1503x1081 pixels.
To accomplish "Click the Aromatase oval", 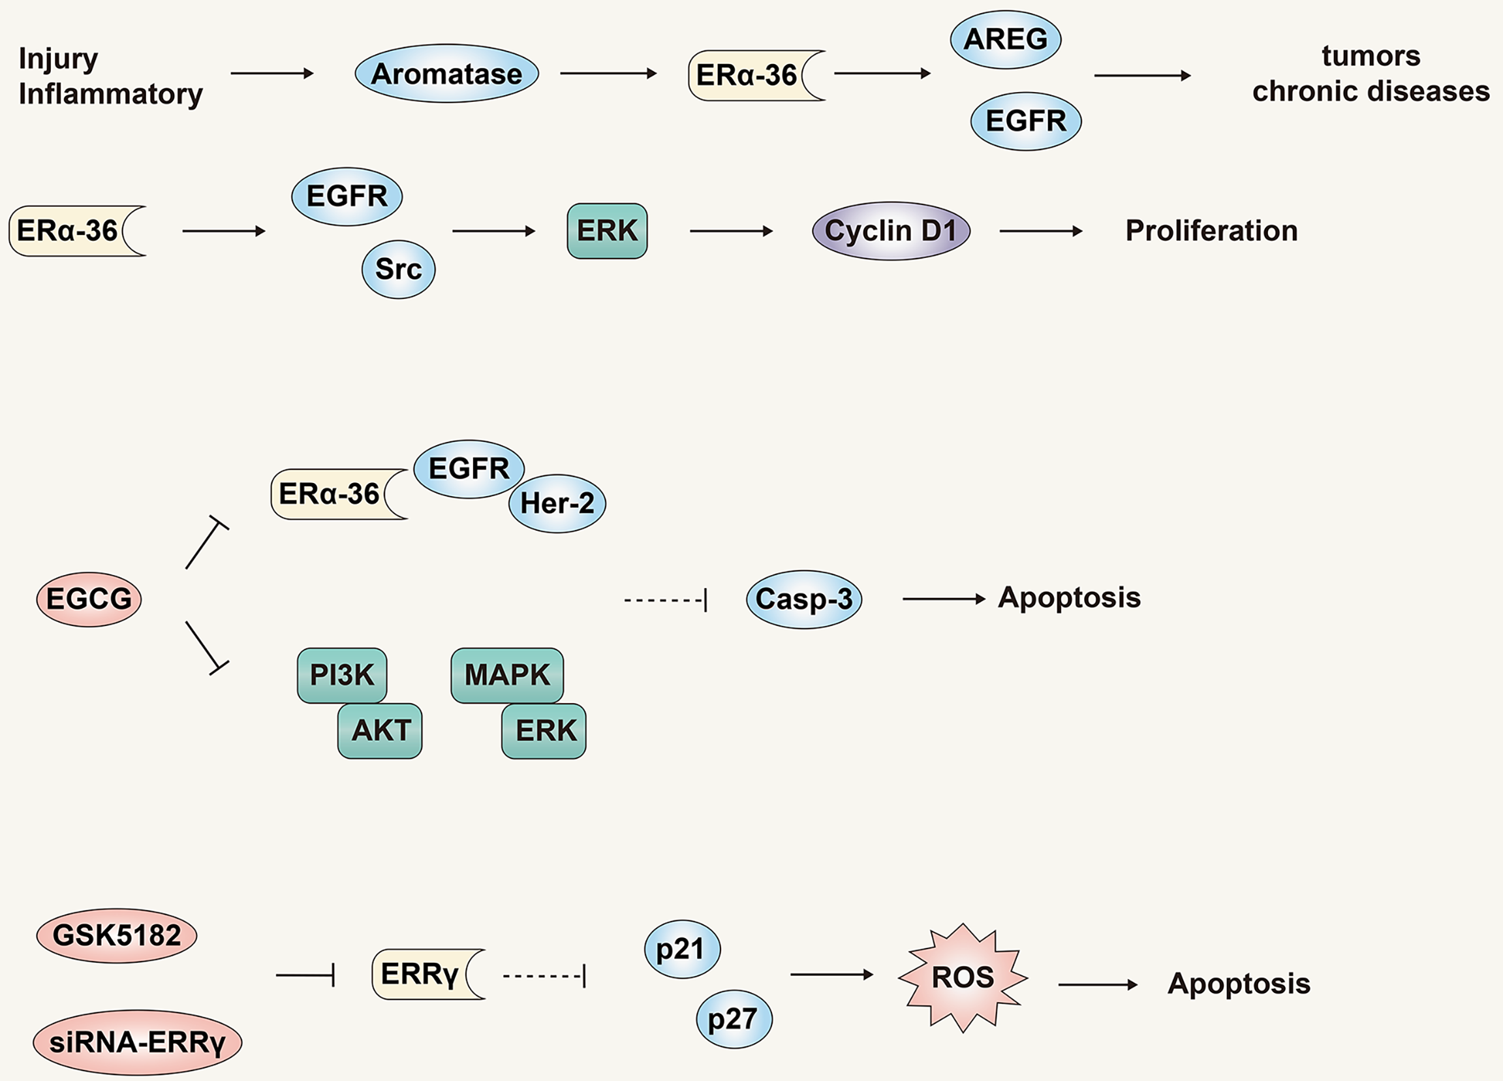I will (446, 74).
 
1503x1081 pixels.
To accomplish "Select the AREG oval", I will (1005, 39).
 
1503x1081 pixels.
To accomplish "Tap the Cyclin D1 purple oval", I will (891, 230).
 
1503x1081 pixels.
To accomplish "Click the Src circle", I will (398, 269).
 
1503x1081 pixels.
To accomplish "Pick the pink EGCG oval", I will (89, 599).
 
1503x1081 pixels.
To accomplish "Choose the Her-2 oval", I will (557, 504).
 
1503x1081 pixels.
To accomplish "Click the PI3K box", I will (342, 675).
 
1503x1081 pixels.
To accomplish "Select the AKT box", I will (380, 730).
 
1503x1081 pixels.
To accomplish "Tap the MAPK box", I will (507, 675).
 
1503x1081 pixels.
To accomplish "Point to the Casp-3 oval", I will (804, 599).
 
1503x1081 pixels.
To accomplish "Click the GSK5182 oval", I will (117, 935).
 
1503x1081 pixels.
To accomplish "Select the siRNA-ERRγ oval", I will (137, 1042).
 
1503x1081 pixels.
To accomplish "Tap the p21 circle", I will (682, 949).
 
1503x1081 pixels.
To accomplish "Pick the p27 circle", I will (734, 1019).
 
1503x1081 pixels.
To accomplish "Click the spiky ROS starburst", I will (962, 978).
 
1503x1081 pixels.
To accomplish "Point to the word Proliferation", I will (1211, 230).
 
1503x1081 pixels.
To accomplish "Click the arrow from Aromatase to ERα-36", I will (608, 74).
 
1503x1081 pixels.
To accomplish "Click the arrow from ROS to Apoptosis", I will (1098, 985).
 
